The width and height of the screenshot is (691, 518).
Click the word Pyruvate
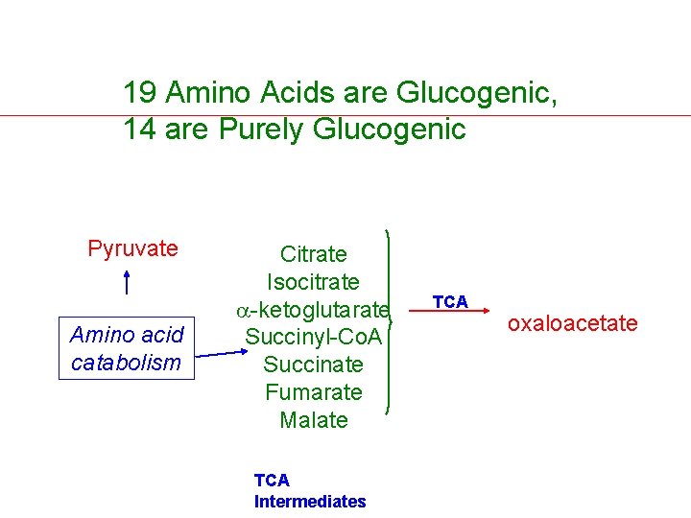click(132, 249)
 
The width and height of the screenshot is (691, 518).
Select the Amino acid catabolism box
click(127, 348)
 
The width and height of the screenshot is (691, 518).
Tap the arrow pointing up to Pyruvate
click(127, 283)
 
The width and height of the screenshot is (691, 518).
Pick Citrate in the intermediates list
click(313, 254)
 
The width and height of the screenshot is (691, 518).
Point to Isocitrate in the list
click(313, 282)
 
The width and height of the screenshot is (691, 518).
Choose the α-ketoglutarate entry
click(314, 310)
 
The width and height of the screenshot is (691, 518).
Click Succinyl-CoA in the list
click(313, 338)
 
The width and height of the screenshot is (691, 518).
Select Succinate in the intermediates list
click(313, 365)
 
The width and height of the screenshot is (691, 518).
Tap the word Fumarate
click(313, 392)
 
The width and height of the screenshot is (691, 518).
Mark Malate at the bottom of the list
click(313, 420)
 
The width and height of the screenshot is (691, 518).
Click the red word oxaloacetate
click(572, 323)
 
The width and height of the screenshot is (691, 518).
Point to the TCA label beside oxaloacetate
click(450, 302)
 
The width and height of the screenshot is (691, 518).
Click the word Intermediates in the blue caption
click(310, 502)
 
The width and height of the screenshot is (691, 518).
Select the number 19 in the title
click(140, 93)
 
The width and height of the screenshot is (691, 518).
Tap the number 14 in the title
click(140, 129)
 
